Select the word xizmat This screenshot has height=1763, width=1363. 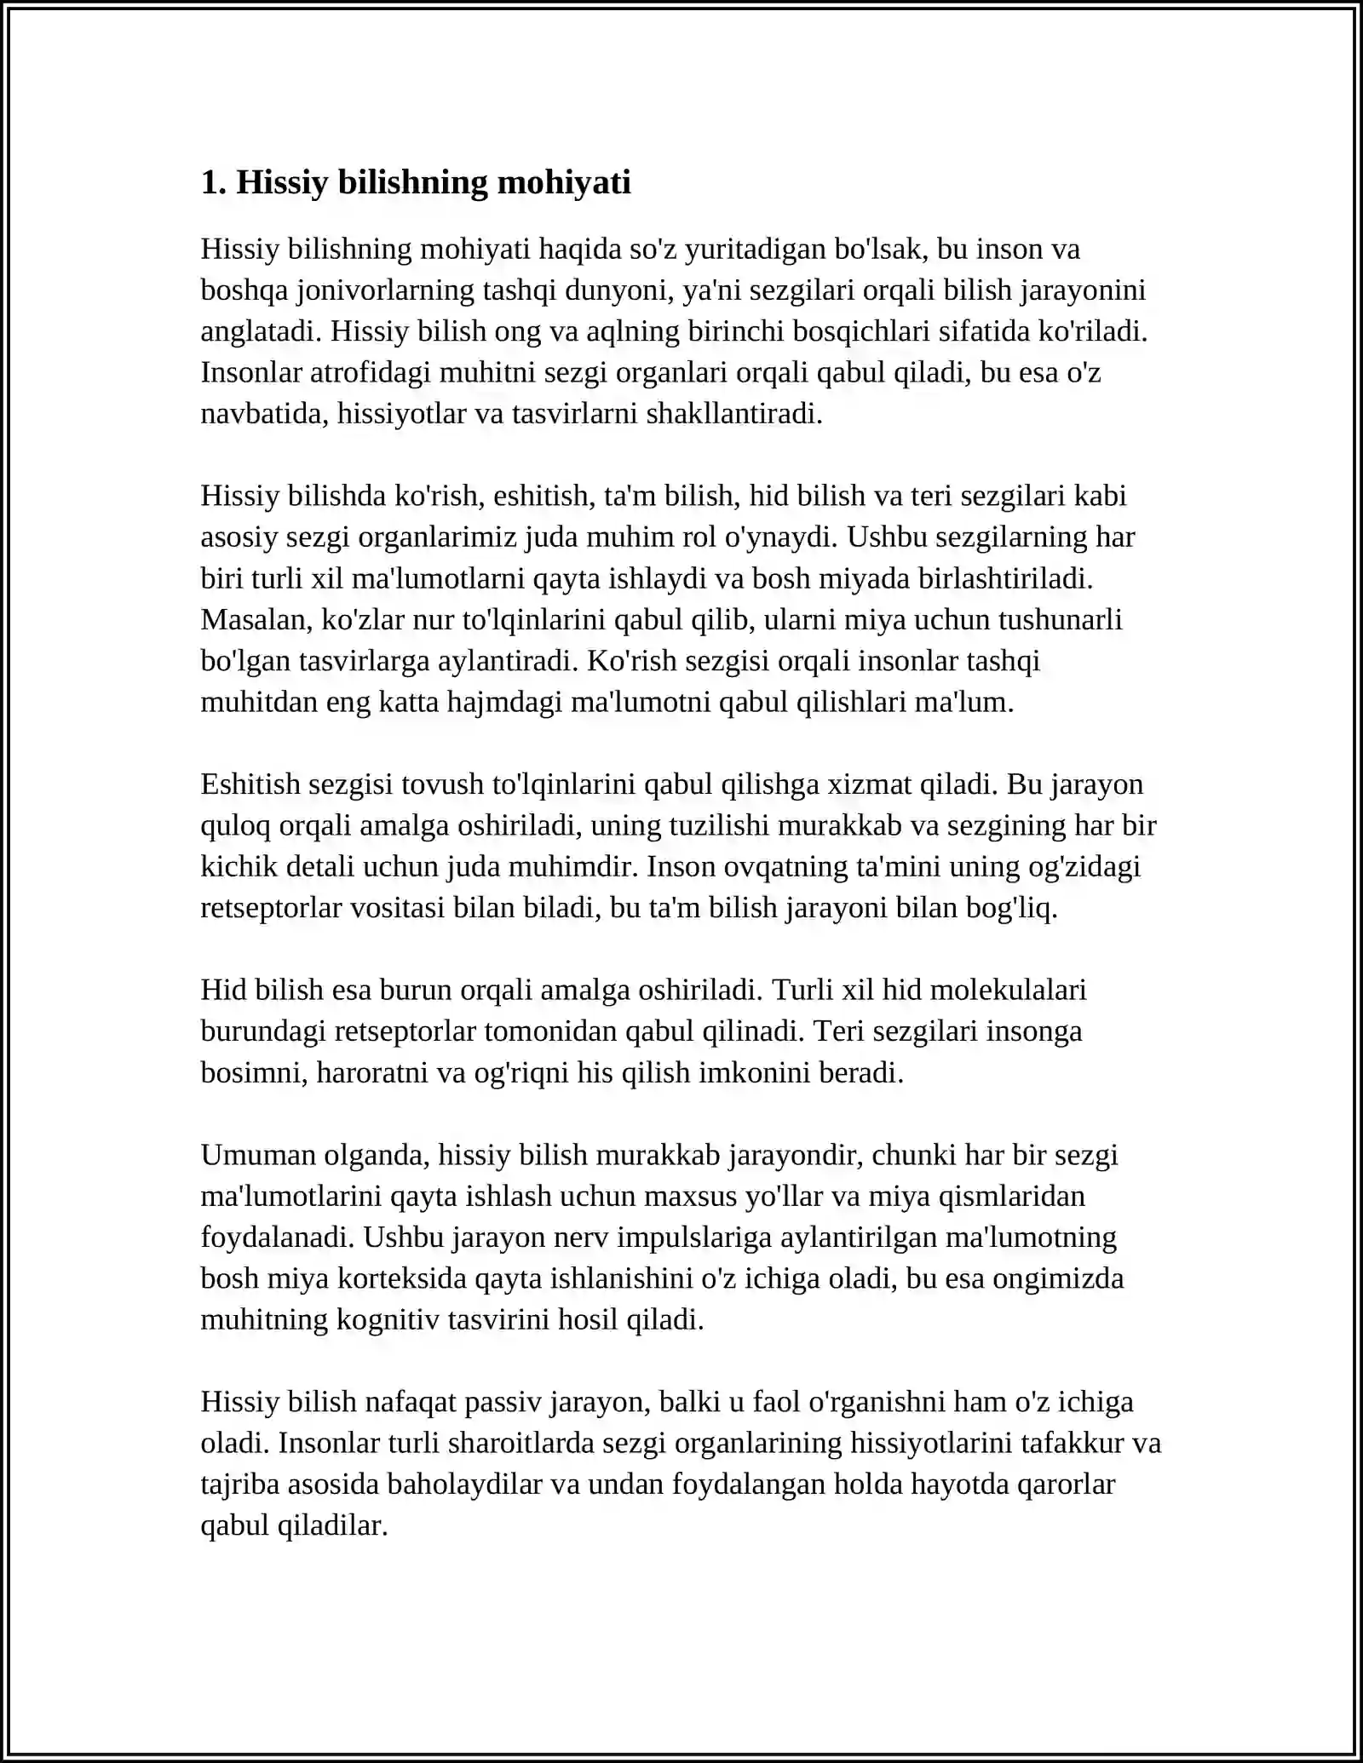[869, 784]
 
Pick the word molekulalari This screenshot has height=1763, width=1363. [1009, 990]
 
